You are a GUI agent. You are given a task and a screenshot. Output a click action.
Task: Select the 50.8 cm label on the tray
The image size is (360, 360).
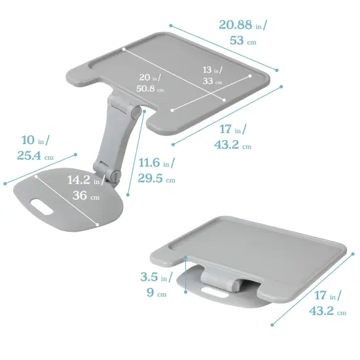tap(150, 88)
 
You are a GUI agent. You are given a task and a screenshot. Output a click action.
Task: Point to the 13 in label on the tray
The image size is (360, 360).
tap(211, 70)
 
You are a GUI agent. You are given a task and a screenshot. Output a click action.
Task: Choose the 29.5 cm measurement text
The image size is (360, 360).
tap(156, 179)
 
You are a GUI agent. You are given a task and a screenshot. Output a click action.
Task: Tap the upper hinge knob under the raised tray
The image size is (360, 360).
tap(135, 113)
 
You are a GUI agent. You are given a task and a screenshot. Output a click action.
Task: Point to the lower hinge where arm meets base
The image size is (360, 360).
tap(115, 175)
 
